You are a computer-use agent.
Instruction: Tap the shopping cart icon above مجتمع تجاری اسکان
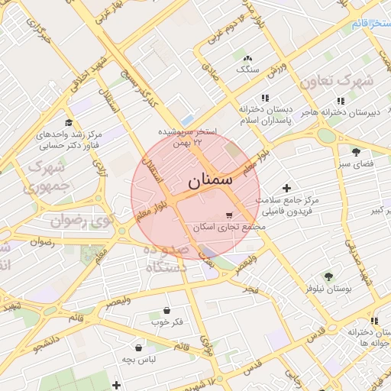coord(229,215)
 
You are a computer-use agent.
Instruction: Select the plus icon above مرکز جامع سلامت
coord(287,188)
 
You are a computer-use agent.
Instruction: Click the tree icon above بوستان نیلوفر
coord(329,276)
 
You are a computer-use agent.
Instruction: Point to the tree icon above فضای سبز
coord(356,151)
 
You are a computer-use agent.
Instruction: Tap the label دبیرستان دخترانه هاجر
coord(339,113)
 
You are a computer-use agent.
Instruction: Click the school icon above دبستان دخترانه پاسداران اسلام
coord(265,98)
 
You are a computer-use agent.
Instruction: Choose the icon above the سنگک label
coord(247,57)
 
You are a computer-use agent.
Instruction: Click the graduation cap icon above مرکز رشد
coord(69,122)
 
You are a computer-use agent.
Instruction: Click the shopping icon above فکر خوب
coord(167,310)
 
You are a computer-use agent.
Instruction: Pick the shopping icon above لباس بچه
coord(138,347)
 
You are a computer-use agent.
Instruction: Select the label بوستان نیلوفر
coord(329,289)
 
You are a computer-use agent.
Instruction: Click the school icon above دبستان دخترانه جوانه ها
coord(374,321)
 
